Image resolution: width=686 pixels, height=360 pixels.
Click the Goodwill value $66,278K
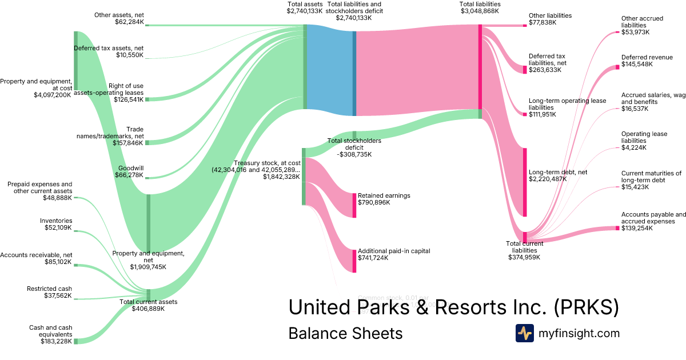(x=129, y=175)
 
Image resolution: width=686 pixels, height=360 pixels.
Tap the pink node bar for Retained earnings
(x=354, y=205)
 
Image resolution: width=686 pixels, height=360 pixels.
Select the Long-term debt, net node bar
(x=524, y=182)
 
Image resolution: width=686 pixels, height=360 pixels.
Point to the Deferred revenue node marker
(x=617, y=67)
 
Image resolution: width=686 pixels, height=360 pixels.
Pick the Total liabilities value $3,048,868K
(x=479, y=11)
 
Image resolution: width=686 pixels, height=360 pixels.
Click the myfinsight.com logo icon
(x=524, y=333)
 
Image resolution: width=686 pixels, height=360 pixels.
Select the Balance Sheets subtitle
(x=345, y=333)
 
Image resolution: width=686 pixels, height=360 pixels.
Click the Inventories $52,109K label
(x=56, y=224)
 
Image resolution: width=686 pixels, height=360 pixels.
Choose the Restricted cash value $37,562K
(x=58, y=295)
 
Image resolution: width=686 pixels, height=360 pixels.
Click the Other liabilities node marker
(x=524, y=25)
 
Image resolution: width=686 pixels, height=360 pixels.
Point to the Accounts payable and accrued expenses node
(x=617, y=228)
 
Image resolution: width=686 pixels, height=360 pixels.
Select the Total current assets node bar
(x=148, y=294)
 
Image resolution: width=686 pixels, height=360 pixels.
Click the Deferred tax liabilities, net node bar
(x=524, y=69)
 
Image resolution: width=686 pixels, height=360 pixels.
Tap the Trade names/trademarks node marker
(x=147, y=142)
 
